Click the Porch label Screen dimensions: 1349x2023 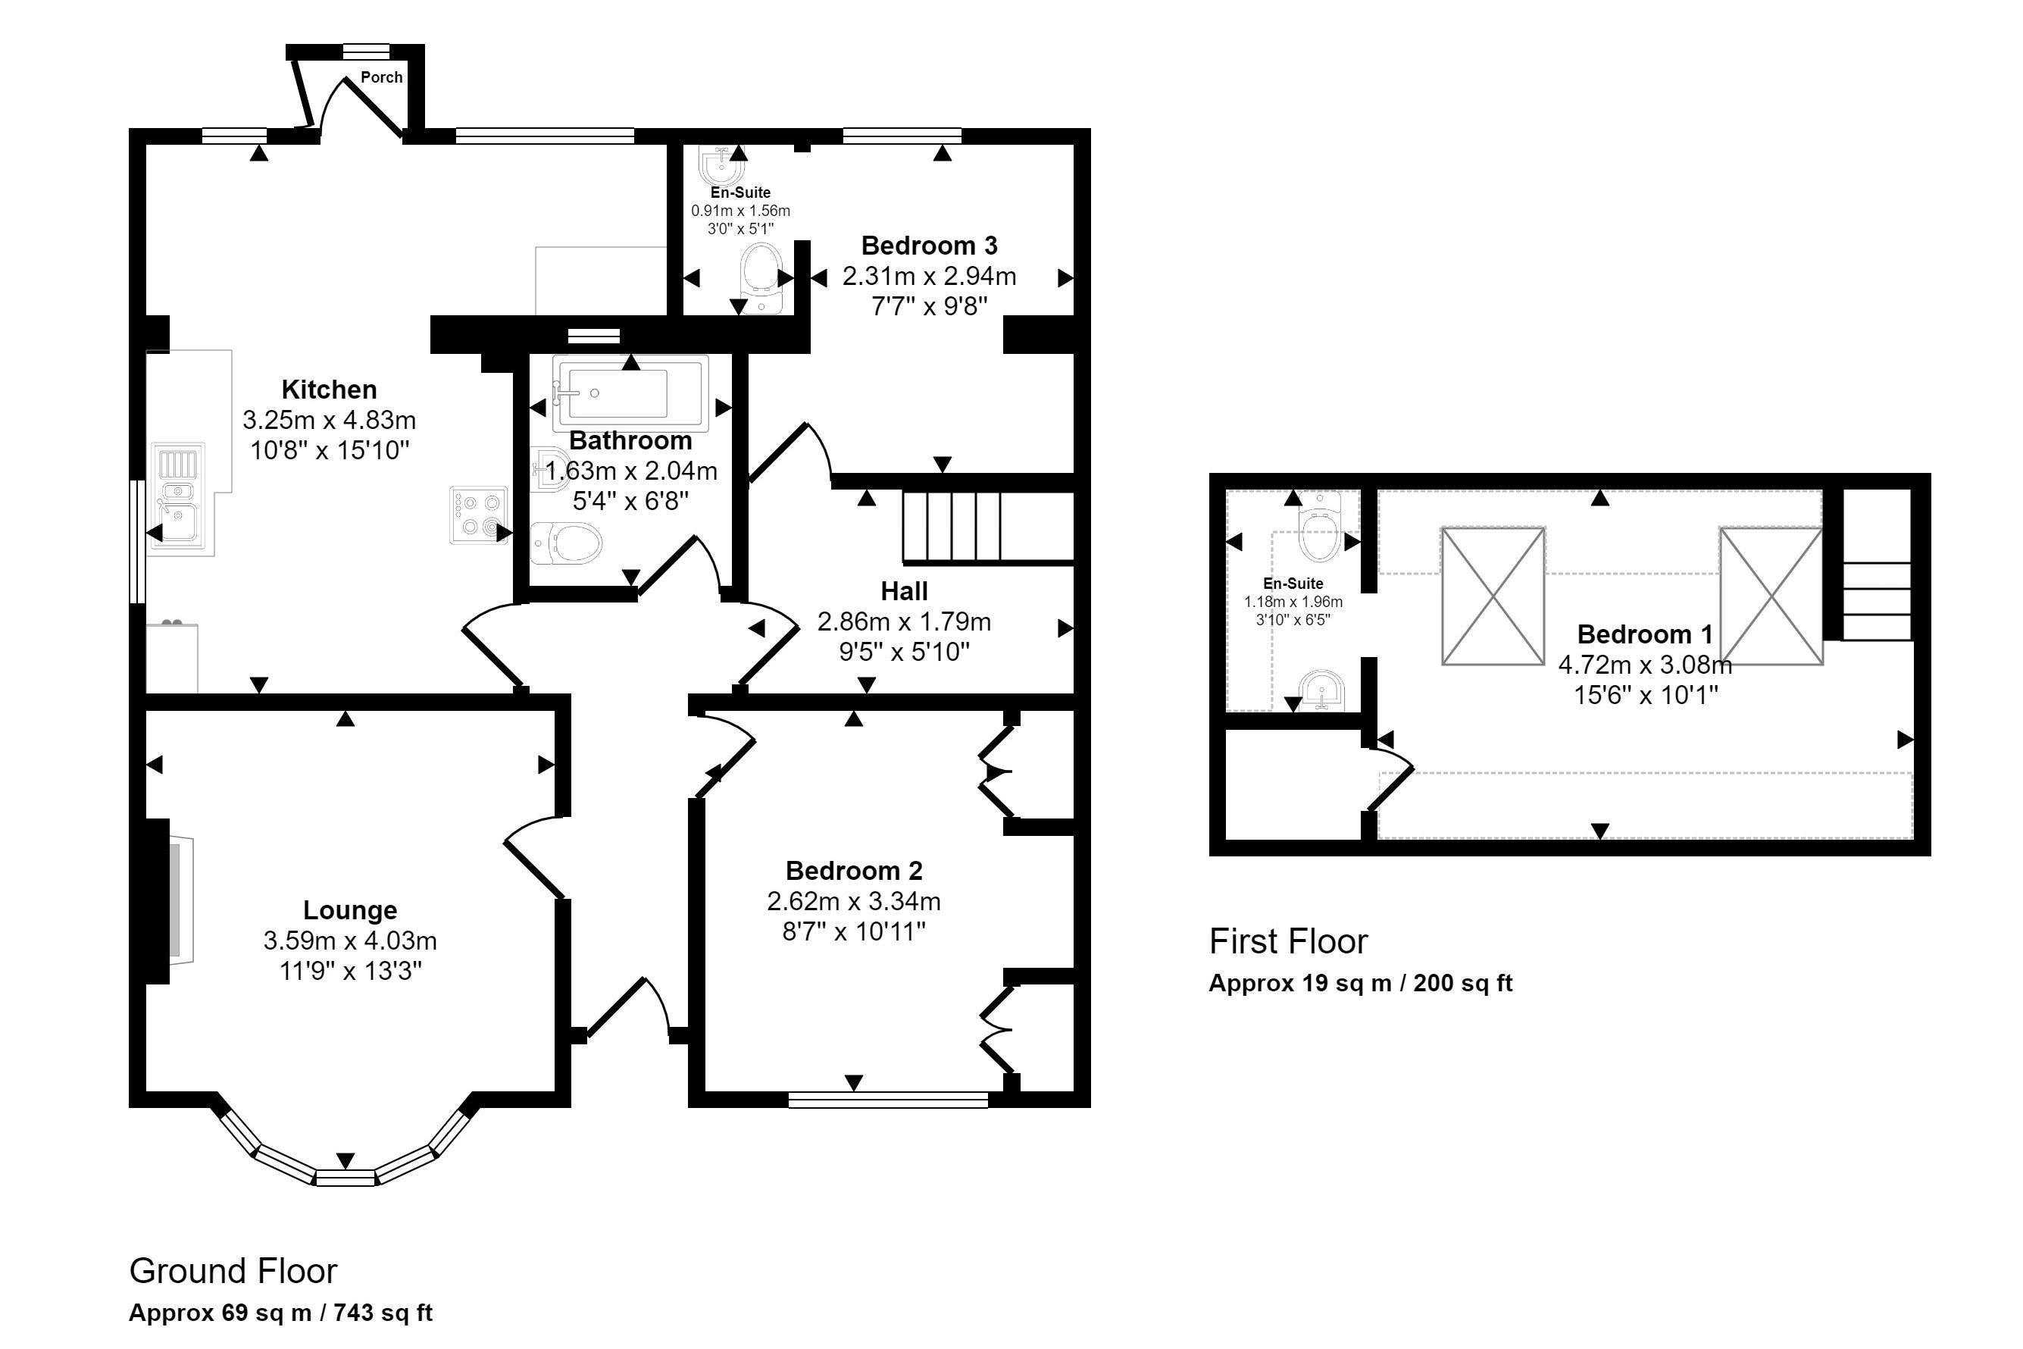(x=381, y=77)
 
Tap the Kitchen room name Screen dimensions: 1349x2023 (x=330, y=390)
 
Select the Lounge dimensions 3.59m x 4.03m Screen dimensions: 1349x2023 (x=350, y=941)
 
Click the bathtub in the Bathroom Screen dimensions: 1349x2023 (x=630, y=393)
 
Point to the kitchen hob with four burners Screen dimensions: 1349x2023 (x=479, y=515)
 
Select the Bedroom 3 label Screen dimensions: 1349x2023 (x=929, y=246)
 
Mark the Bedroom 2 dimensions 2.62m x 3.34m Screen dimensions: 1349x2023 (x=853, y=902)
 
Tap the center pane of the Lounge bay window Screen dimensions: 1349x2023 (x=345, y=1178)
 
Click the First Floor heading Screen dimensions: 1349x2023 (x=1287, y=942)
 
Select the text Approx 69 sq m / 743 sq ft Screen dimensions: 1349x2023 (x=280, y=1313)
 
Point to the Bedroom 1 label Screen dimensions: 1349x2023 (x=1645, y=635)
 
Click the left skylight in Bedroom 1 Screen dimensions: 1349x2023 (x=1493, y=596)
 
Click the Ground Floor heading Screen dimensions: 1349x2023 (x=233, y=1271)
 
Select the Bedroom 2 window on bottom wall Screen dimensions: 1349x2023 (x=889, y=1100)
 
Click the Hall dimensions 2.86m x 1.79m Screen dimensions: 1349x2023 (x=903, y=622)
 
